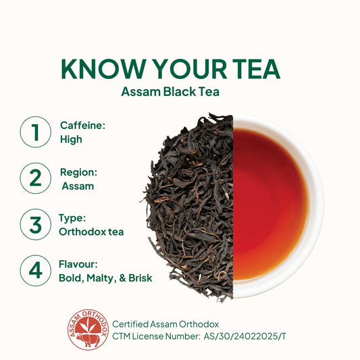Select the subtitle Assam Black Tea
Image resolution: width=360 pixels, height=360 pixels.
(170, 92)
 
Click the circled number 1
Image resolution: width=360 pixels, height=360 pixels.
(36, 132)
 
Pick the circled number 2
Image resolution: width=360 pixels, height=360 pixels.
(36, 178)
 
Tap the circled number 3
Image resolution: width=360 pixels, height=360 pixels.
(36, 224)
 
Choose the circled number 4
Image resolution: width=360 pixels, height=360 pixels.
(36, 270)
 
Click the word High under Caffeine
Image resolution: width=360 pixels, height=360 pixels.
(71, 139)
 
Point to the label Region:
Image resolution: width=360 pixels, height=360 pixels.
(78, 172)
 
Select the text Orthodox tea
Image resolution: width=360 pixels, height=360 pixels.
(91, 232)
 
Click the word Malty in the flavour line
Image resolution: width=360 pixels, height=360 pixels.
(100, 278)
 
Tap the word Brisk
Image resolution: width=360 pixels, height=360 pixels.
(140, 278)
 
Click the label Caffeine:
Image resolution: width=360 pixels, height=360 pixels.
(82, 126)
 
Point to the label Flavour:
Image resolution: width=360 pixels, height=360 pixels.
(78, 264)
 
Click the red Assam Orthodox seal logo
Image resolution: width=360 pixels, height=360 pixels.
(88, 330)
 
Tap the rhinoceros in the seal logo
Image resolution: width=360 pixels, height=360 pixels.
(88, 339)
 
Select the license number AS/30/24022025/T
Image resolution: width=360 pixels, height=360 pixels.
(245, 336)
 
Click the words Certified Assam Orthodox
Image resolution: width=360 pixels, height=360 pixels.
(165, 324)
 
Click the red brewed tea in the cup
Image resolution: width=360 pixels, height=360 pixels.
(269, 205)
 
